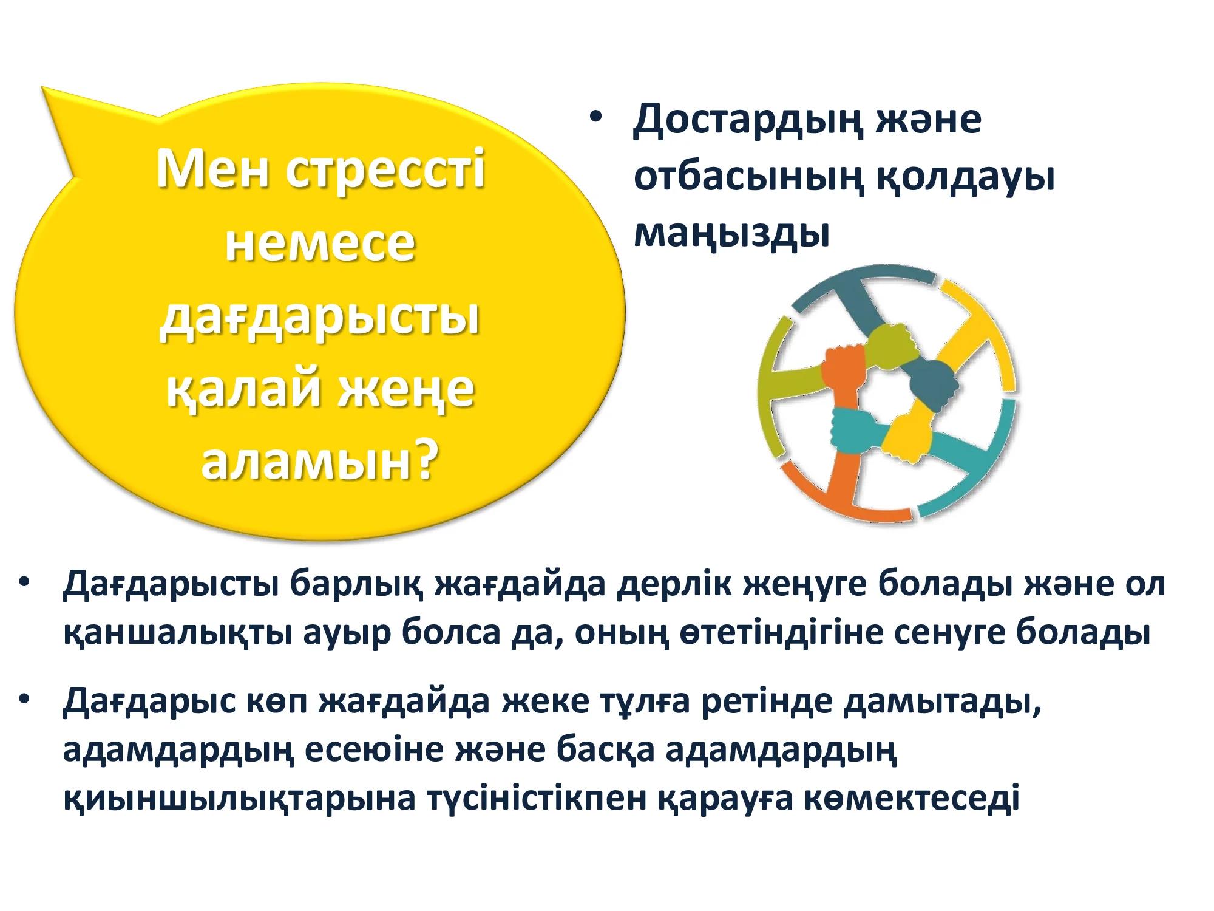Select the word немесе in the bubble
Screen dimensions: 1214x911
(x=320, y=244)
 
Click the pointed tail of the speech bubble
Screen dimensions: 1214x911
(x=44, y=89)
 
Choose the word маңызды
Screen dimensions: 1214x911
(x=731, y=234)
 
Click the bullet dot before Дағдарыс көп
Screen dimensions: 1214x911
(x=24, y=699)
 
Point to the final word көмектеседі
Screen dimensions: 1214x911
(x=912, y=798)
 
